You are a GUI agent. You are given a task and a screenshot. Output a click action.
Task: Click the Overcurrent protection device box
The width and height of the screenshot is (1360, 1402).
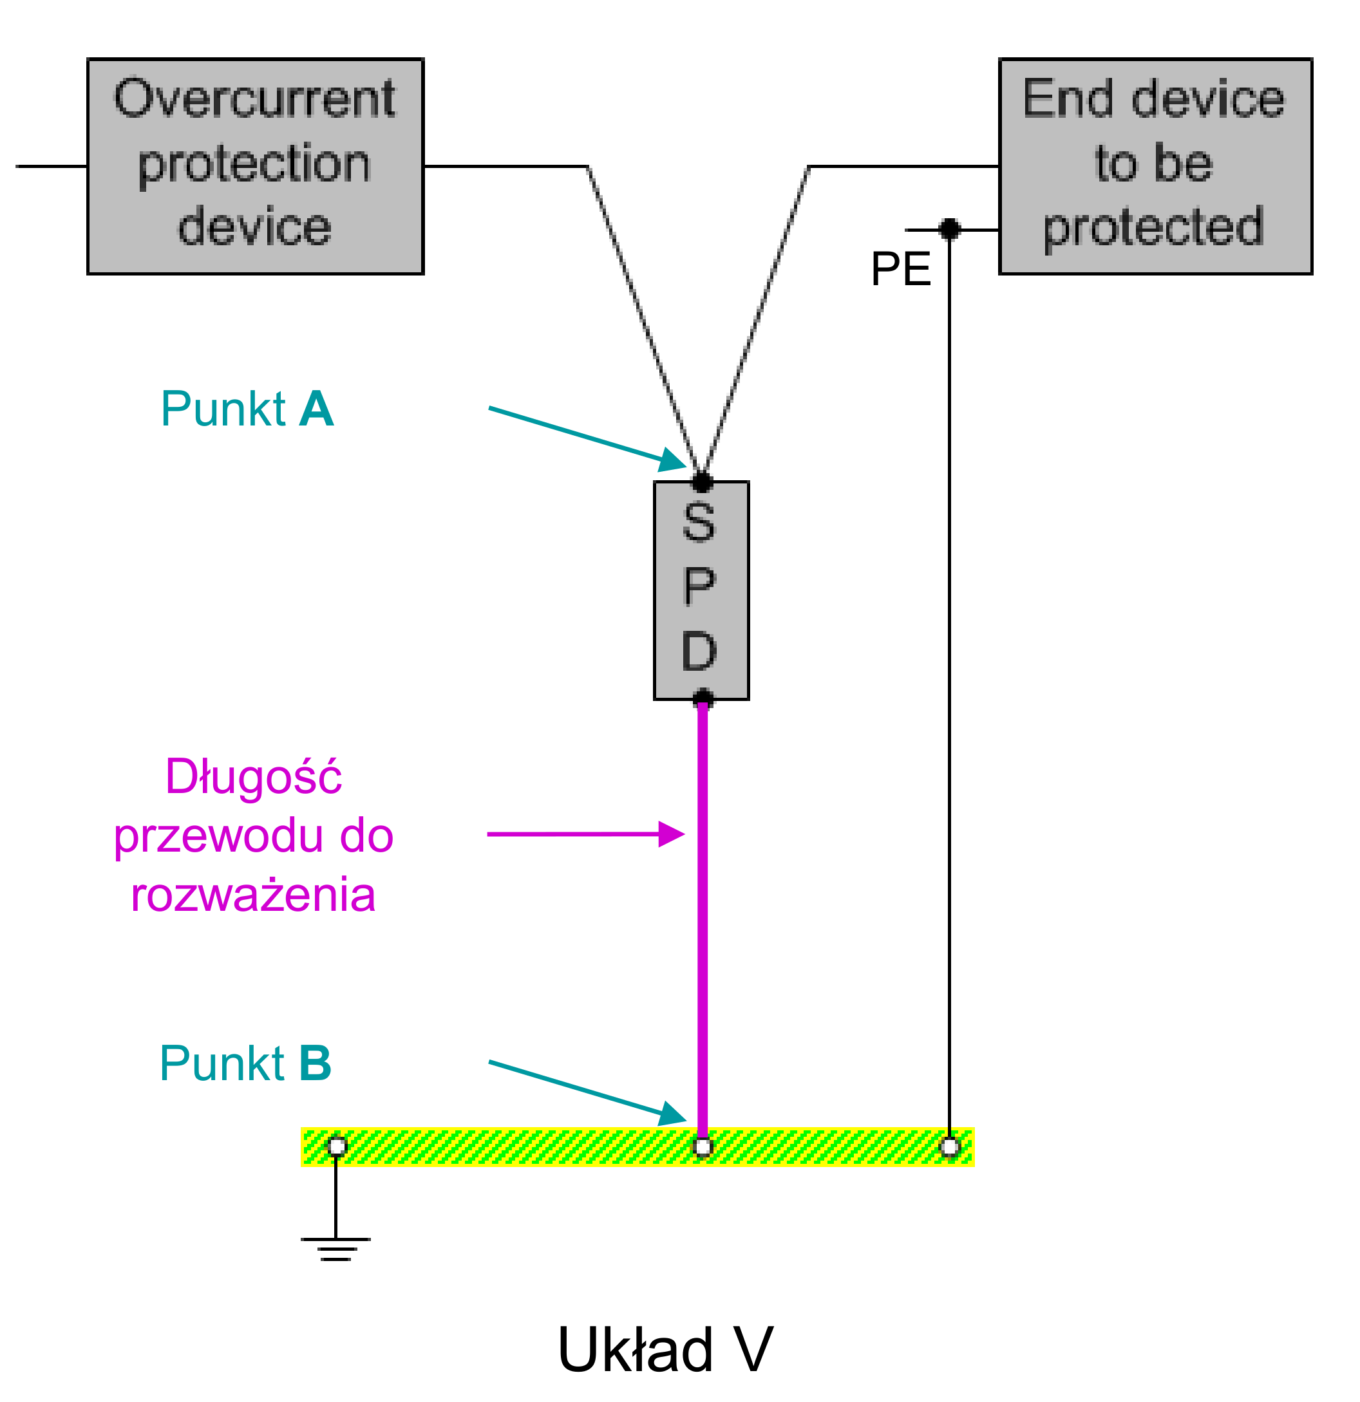click(x=256, y=166)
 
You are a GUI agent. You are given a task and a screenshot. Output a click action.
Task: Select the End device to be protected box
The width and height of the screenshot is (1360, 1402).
click(x=1155, y=166)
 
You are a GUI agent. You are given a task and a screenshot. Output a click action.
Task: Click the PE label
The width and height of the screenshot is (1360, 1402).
click(x=900, y=270)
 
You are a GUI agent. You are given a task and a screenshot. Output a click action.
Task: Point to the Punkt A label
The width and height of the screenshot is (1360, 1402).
click(x=247, y=409)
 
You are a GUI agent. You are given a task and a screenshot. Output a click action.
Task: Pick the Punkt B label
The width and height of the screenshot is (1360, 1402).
click(x=245, y=1063)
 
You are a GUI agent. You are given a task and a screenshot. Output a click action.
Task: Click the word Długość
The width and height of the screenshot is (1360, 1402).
click(x=253, y=777)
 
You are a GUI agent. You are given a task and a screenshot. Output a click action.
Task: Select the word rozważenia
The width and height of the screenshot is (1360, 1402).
click(x=253, y=894)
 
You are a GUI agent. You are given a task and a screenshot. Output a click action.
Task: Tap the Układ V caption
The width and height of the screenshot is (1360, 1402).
click(x=665, y=1351)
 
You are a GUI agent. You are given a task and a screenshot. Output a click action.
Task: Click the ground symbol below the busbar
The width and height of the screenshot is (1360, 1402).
click(x=335, y=1248)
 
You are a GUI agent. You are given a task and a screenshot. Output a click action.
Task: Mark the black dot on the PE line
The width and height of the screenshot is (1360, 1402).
click(x=949, y=230)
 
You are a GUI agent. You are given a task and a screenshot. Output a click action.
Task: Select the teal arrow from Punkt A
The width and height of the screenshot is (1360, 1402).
click(x=587, y=438)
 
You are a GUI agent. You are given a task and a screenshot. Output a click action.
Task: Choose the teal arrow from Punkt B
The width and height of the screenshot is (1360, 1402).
click(x=587, y=1092)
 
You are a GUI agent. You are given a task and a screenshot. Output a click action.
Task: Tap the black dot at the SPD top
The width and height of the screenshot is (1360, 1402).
click(x=703, y=482)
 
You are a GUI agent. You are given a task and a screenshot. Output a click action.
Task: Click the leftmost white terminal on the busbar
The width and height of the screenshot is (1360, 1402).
click(x=337, y=1146)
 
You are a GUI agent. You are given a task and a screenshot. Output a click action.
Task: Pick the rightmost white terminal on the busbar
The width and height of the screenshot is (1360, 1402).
click(x=949, y=1146)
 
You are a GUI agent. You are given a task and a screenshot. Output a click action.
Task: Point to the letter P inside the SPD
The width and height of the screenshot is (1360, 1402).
click(x=699, y=586)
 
